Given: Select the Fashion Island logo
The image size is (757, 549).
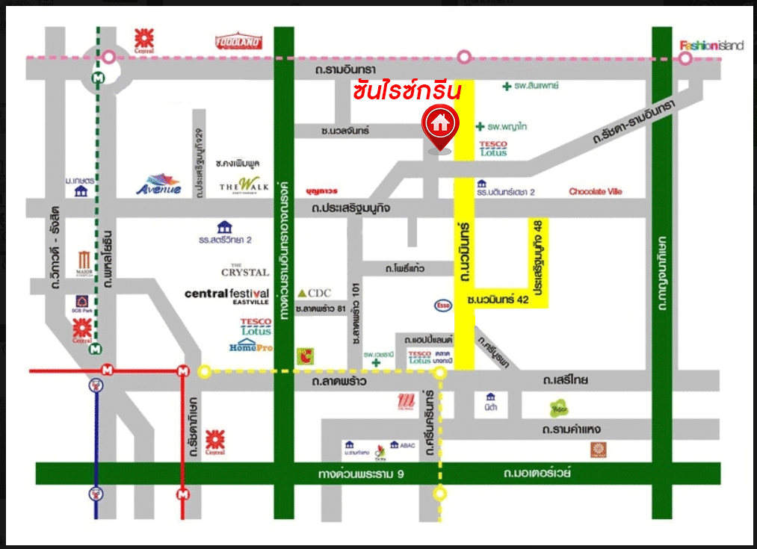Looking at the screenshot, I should coord(711,45).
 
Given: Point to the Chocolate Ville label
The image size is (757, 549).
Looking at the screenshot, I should coord(595,192).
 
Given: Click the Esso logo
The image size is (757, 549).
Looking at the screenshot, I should coord(442,305).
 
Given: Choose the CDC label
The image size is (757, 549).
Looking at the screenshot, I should coord(314,293).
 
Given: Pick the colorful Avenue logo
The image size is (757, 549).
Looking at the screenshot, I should coord(158,184).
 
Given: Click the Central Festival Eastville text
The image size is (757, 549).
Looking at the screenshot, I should coord(226,295).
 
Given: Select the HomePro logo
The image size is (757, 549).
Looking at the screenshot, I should coord(252,347).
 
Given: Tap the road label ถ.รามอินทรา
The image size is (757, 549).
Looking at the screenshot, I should coord(345,69).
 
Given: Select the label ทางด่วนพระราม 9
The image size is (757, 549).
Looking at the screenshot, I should coord(360,474).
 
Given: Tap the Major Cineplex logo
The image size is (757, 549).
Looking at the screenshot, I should coord(84,263).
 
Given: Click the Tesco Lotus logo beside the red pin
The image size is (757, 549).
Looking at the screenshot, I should coord(493,148).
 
